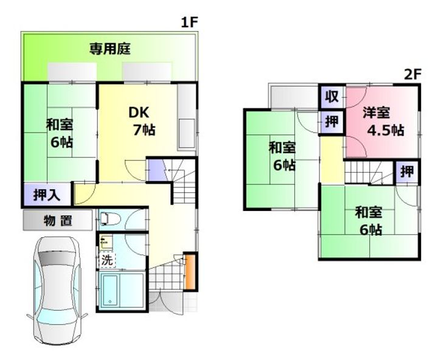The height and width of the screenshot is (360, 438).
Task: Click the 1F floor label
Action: pyautogui.click(x=189, y=22)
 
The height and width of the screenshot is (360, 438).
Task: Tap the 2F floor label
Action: pyautogui.click(x=412, y=74)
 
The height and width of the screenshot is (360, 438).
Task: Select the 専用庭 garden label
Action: pyautogui.click(x=110, y=49)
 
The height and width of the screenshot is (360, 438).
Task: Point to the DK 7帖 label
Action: pyautogui.click(x=142, y=121)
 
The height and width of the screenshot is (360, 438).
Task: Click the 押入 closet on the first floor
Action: pyautogui.click(x=47, y=195)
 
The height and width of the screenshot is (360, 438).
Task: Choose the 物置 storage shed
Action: pyautogui.click(x=58, y=220)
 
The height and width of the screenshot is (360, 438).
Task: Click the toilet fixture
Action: pyautogui.click(x=109, y=218)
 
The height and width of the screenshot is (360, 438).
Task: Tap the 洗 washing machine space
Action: pyautogui.click(x=107, y=260)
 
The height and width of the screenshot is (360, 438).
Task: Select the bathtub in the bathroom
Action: pyautogui.click(x=109, y=291)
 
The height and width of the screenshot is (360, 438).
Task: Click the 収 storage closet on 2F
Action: pyautogui.click(x=332, y=96)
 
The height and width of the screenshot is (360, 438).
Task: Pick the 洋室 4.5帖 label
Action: pyautogui.click(x=383, y=121)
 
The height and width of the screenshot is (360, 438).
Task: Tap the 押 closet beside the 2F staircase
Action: pyautogui.click(x=407, y=171)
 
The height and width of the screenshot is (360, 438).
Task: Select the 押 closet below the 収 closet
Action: pyautogui.click(x=332, y=122)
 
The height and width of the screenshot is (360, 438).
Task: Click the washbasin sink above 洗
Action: pyautogui.click(x=106, y=243)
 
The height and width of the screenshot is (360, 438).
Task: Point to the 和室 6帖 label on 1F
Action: pyautogui.click(x=60, y=133)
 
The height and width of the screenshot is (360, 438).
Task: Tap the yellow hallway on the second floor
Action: pyautogui.click(x=332, y=160)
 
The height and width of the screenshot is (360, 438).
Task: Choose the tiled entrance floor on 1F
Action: pyautogui.click(x=166, y=276)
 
